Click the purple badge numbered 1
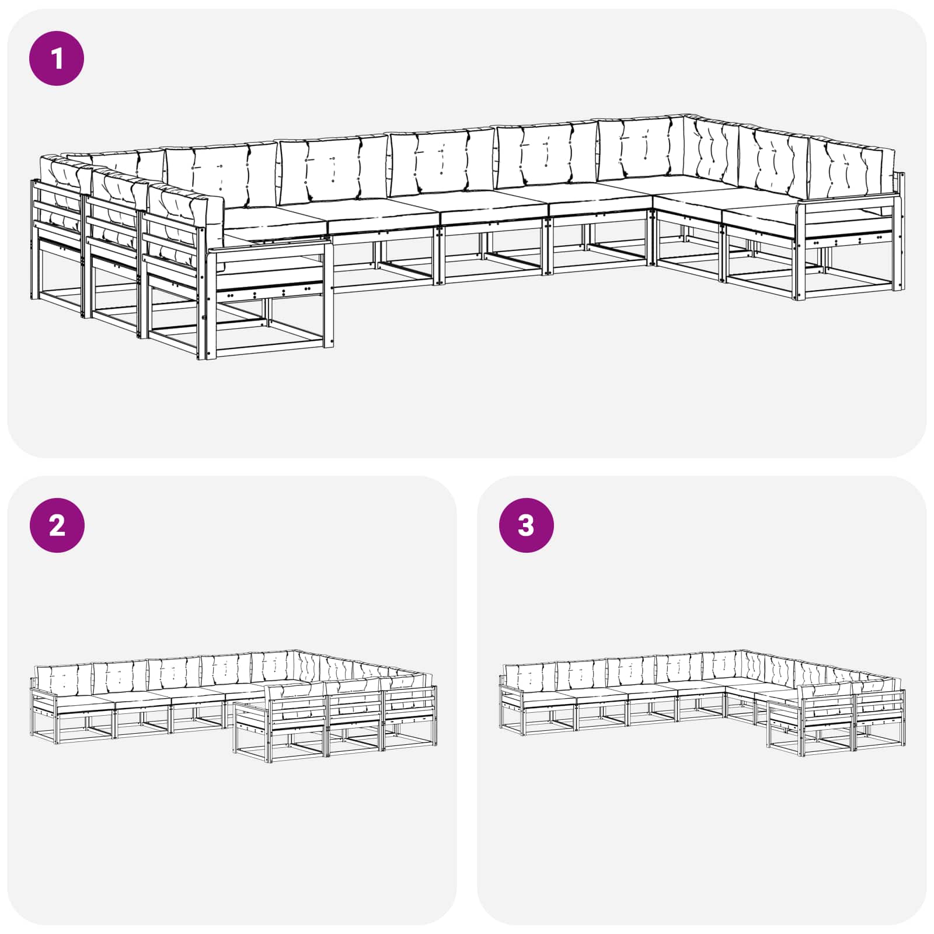[x=57, y=58]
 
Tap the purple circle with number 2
[x=57, y=525]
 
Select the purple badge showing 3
[x=526, y=525]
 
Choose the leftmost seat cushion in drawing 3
[x=549, y=699]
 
